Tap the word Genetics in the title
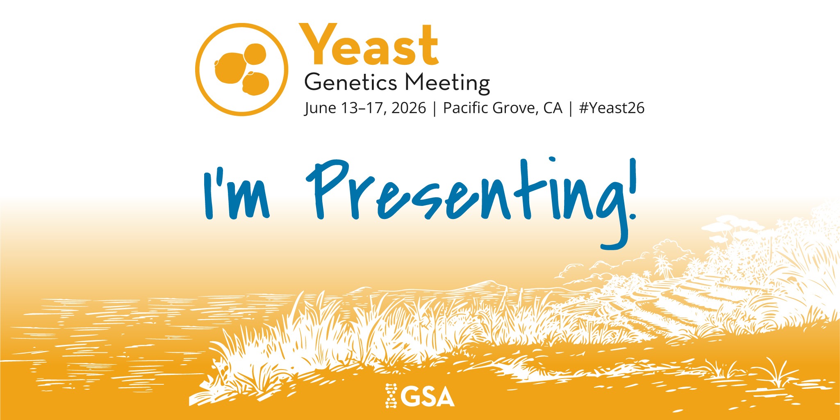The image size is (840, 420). coord(351,83)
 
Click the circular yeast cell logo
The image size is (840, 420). coord(241,69)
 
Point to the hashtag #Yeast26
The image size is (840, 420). coord(612,108)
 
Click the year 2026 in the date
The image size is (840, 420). coord(408,108)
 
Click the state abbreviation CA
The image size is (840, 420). coord(553,108)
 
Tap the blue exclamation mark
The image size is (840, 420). coord(633,189)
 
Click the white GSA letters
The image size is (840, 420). coord(428,396)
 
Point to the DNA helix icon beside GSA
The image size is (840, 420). coord(392,396)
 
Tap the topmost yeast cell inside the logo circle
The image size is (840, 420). coord(255,54)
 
